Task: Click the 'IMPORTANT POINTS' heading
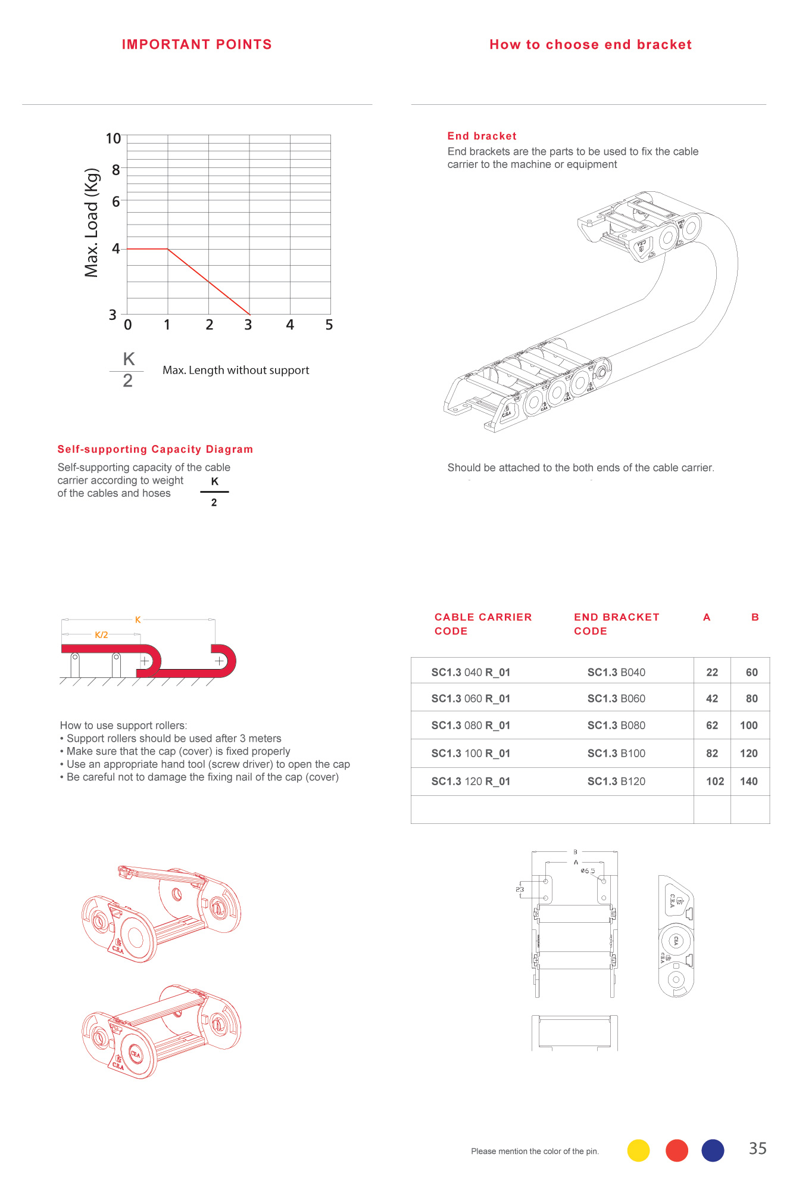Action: pyautogui.click(x=196, y=45)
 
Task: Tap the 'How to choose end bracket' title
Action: pyautogui.click(x=590, y=45)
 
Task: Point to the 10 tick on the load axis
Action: pyautogui.click(x=113, y=139)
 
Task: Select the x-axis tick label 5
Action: pyautogui.click(x=329, y=325)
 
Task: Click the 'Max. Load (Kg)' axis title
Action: pyautogui.click(x=91, y=223)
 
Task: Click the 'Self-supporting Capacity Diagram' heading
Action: pyautogui.click(x=155, y=449)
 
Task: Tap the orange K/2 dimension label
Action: pyautogui.click(x=101, y=635)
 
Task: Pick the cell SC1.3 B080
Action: pyautogui.click(x=616, y=726)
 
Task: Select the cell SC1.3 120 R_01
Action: pyautogui.click(x=470, y=782)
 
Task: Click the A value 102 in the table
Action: pyautogui.click(x=714, y=782)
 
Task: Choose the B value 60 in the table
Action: pyautogui.click(x=751, y=673)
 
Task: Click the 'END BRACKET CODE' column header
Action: pyautogui.click(x=616, y=624)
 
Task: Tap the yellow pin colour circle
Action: pyautogui.click(x=638, y=1150)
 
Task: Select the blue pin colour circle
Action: pyautogui.click(x=713, y=1150)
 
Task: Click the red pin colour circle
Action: pyautogui.click(x=676, y=1150)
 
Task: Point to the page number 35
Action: pyautogui.click(x=757, y=1149)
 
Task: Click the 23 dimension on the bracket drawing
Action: pyautogui.click(x=520, y=889)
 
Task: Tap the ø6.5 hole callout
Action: pyautogui.click(x=588, y=871)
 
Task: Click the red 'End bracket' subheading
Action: pyautogui.click(x=482, y=136)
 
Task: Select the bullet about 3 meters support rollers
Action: pyautogui.click(x=173, y=739)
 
